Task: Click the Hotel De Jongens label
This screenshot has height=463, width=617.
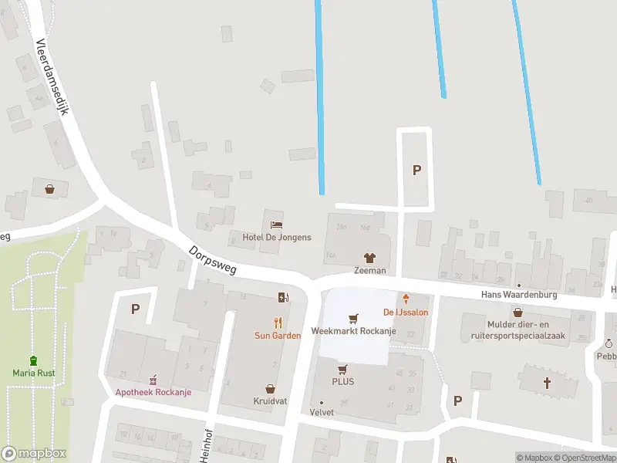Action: point(277,237)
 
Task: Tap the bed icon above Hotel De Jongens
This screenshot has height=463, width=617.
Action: point(277,225)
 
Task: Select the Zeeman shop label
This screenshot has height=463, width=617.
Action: point(369,271)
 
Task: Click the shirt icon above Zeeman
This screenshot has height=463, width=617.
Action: point(369,258)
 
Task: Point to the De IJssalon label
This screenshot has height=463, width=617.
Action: point(405,312)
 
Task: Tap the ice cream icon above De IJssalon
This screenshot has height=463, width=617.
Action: point(405,299)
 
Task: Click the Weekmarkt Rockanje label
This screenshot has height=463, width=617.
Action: point(353,331)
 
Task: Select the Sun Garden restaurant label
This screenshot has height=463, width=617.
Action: point(278,336)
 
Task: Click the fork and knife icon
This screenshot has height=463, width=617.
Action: point(278,323)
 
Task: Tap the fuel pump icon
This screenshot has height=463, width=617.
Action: point(284,297)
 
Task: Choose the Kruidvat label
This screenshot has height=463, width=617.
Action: point(270,402)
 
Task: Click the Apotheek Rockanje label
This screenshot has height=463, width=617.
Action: point(153,391)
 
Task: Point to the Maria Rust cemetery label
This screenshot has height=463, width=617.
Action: point(32,373)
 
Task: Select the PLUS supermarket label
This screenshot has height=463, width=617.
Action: point(343,381)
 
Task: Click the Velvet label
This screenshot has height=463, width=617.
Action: point(322,412)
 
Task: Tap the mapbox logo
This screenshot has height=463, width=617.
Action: point(34,453)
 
